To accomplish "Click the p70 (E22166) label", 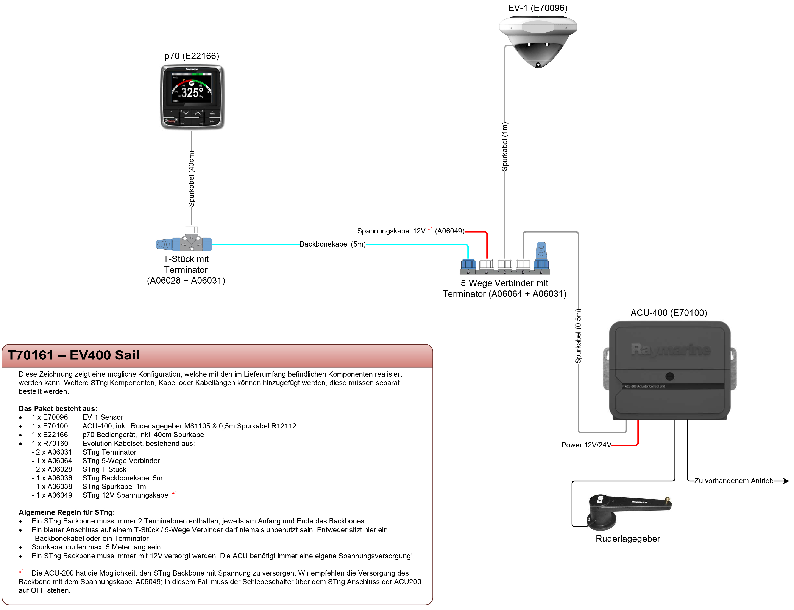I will tap(192, 56).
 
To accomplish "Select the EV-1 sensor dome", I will tap(538, 40).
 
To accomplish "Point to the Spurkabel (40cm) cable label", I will tap(192, 179).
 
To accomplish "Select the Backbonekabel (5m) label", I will tap(332, 244).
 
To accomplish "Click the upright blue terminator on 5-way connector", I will tap(541, 254).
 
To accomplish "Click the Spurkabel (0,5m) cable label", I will tap(578, 336).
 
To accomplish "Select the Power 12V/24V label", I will tap(586, 445).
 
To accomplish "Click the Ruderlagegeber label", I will tap(628, 539).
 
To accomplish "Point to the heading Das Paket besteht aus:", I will tap(58, 408).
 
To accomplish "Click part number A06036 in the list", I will tap(60, 478).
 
